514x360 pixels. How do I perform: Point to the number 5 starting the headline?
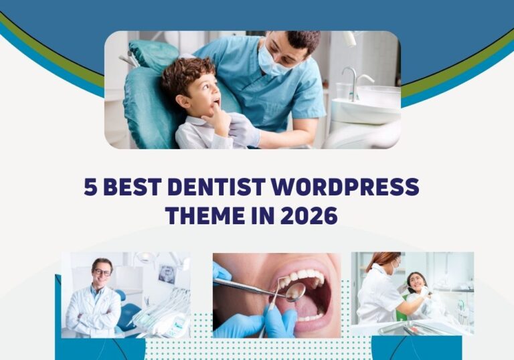point(90,187)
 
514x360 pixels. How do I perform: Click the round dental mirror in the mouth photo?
point(294,291)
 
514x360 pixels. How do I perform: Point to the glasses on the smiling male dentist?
point(102,272)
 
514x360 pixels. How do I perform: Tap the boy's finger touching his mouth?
point(215,110)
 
